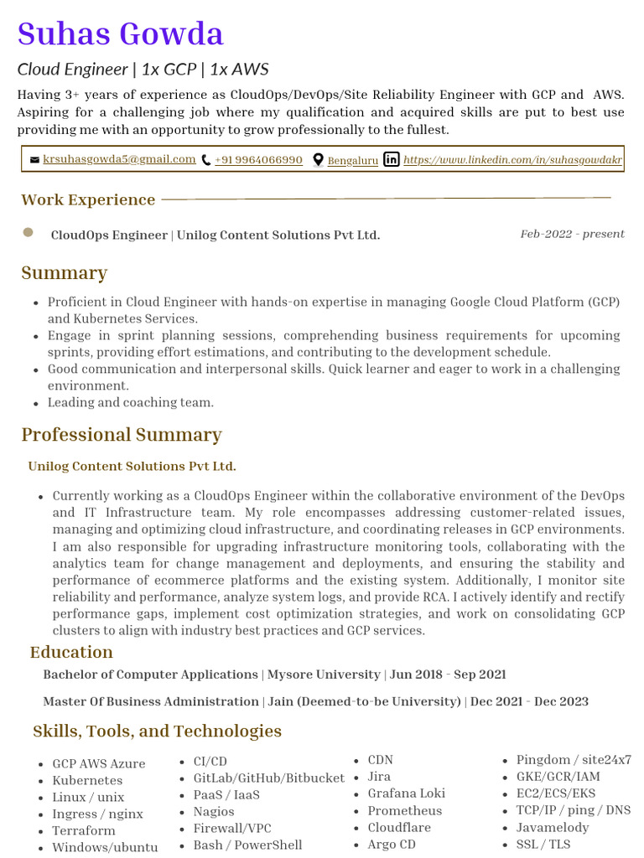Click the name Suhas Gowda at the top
(x=121, y=34)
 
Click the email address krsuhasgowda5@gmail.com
(x=119, y=159)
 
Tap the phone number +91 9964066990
(x=258, y=160)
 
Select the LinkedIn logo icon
(x=391, y=159)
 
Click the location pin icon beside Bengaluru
(x=318, y=160)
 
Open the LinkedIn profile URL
(x=512, y=159)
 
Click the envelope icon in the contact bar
(x=34, y=160)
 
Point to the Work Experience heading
(x=88, y=199)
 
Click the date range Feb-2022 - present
(x=572, y=234)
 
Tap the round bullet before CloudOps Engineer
(x=28, y=232)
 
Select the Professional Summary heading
(x=122, y=434)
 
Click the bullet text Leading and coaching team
(x=130, y=402)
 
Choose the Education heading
(x=71, y=652)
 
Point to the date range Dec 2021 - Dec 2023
(x=529, y=701)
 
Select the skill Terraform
(x=84, y=830)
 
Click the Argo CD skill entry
(x=392, y=844)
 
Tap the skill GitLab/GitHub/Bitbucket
(x=268, y=778)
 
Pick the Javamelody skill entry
(x=553, y=827)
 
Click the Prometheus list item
(x=404, y=810)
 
